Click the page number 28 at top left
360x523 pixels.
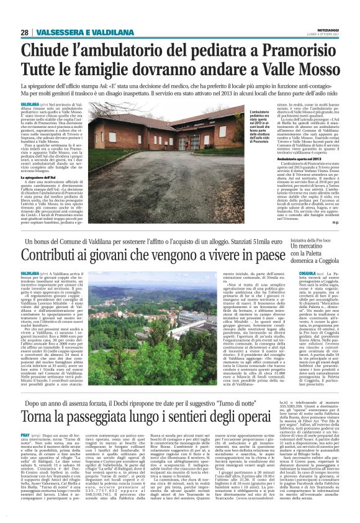(x=25, y=32)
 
